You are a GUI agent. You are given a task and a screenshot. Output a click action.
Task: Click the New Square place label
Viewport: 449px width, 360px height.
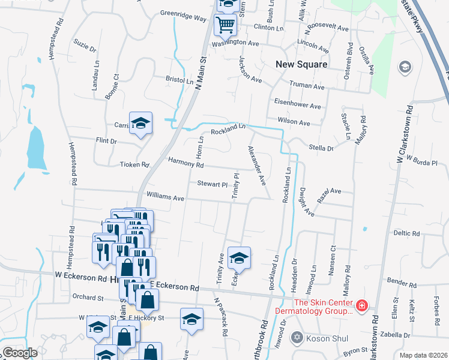coord(301,64)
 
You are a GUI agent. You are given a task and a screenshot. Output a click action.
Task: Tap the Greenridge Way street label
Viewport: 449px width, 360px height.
coord(183,16)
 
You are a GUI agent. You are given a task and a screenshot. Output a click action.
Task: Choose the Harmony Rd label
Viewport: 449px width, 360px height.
coord(186,163)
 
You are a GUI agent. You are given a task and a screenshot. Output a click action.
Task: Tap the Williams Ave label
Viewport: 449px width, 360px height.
coord(165,197)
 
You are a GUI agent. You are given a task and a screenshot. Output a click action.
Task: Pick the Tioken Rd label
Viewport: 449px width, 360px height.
coord(134,164)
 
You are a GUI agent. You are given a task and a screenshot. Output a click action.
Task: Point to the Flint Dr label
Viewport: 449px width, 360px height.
coord(106,142)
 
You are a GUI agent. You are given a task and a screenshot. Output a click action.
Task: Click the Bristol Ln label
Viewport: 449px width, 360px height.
coord(179,80)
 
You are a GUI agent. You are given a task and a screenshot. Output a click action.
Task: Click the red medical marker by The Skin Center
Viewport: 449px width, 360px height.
coord(361,307)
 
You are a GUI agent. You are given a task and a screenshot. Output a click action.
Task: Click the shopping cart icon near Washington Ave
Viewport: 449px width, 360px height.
coord(226,25)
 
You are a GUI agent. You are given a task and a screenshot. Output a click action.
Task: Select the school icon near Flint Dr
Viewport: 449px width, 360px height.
coord(141,124)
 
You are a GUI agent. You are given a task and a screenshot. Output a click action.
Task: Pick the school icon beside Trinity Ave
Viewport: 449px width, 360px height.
coord(240,258)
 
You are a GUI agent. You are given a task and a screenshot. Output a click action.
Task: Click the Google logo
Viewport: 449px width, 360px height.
coord(19,353)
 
